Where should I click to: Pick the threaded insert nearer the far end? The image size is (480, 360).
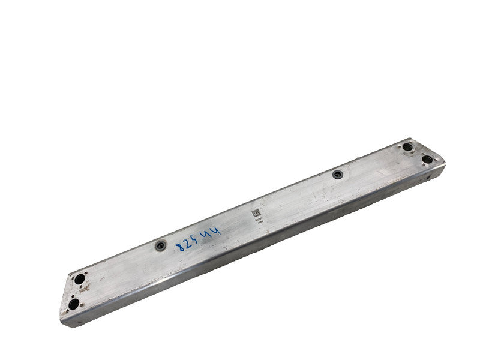[x=338, y=175]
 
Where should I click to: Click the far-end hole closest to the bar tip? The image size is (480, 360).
[x=427, y=159]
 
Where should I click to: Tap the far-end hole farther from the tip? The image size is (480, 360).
[x=407, y=147]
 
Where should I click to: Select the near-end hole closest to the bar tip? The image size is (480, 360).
[x=73, y=304]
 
